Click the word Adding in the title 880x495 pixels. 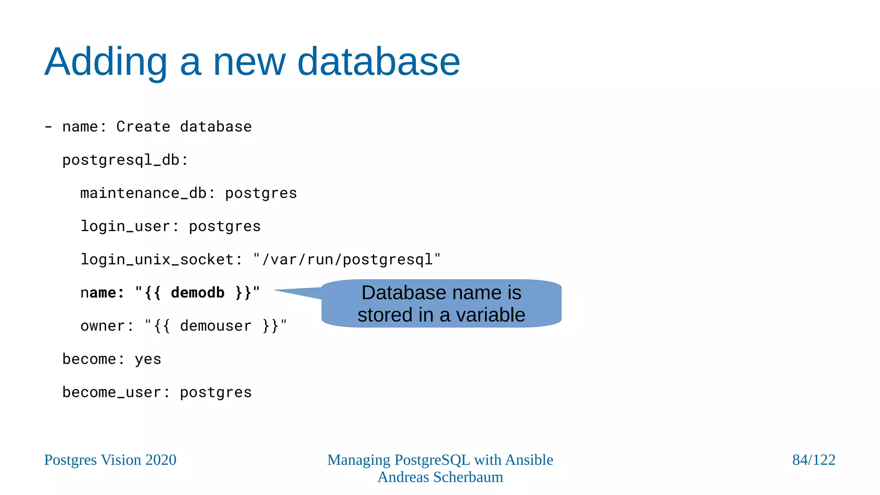[x=106, y=62]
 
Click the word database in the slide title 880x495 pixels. [x=379, y=62]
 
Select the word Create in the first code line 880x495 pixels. [x=143, y=127]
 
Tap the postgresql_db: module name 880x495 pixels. [x=125, y=160]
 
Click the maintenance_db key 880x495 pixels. [x=144, y=193]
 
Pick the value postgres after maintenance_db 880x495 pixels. [x=261, y=193]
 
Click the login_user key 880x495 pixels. [x=125, y=226]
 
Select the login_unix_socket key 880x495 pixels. [x=157, y=260]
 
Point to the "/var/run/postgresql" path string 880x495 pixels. [x=347, y=260]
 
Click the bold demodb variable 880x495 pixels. [x=197, y=293]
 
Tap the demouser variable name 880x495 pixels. [x=215, y=326]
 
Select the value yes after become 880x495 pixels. [x=148, y=359]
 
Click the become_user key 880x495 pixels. [x=112, y=392]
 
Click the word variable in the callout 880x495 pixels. [x=490, y=315]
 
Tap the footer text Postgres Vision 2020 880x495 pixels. [x=110, y=460]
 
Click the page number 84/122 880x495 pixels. [x=813, y=460]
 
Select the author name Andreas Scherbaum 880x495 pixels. [x=440, y=477]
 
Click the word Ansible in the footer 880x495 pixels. [x=529, y=460]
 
